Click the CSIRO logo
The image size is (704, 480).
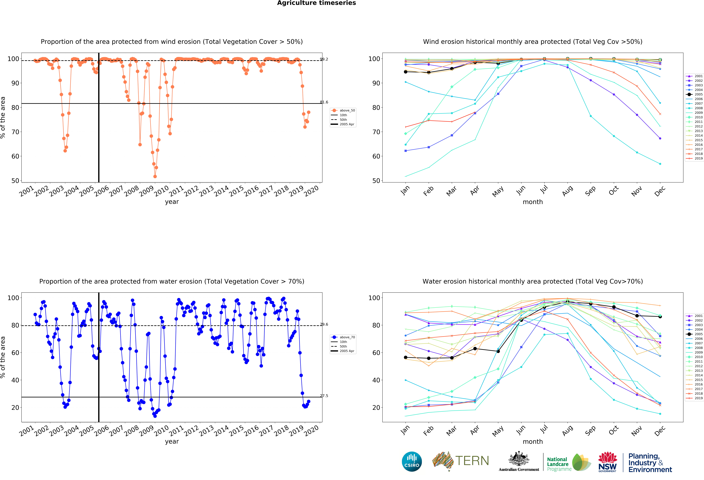412,462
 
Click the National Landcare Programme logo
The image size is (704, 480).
569,462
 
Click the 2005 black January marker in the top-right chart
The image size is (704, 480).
406,72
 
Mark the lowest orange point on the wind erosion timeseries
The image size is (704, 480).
155,176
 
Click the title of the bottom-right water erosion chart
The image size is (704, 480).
533,282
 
